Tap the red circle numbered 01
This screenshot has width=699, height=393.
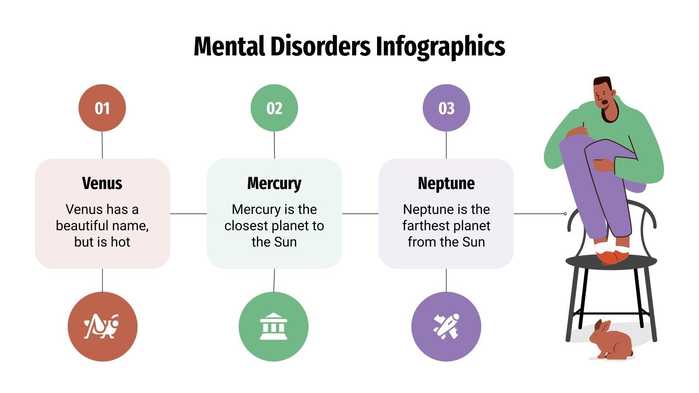(102, 108)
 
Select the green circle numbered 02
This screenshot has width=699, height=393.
(274, 108)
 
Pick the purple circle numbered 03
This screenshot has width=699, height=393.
(446, 108)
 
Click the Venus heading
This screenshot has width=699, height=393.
(102, 183)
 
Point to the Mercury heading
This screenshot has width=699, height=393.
(274, 183)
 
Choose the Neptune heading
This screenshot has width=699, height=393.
(446, 183)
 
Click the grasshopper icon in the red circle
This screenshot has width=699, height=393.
(102, 326)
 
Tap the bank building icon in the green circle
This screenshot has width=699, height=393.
(273, 326)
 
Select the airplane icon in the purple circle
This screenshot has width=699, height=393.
(446, 326)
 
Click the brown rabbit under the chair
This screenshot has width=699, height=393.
(610, 340)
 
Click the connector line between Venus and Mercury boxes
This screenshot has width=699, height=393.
(188, 214)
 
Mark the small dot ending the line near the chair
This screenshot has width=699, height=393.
(565, 214)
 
